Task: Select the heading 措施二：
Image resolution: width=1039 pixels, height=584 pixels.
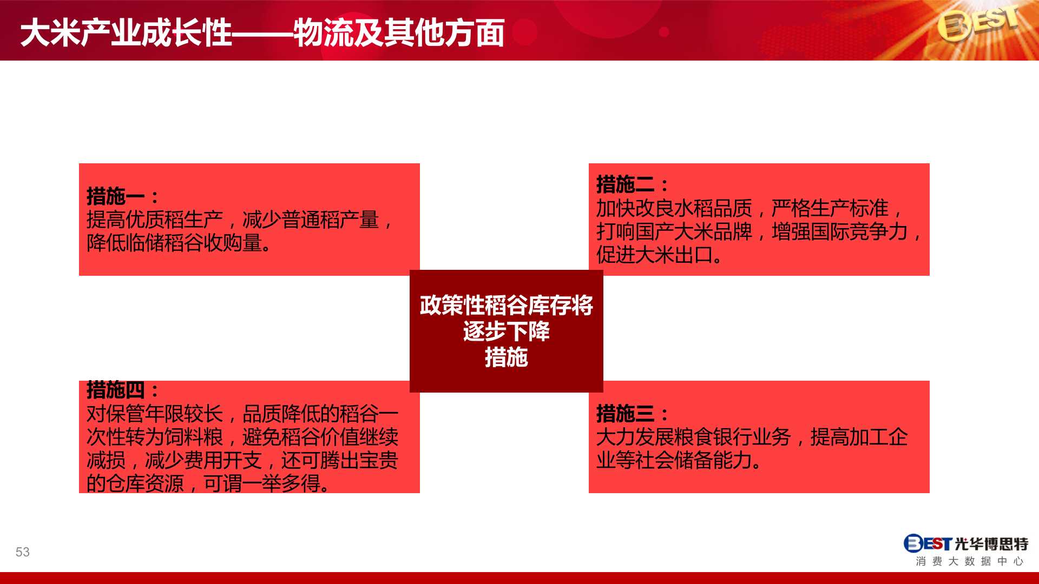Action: point(632,184)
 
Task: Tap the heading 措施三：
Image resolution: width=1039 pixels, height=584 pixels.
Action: point(632,414)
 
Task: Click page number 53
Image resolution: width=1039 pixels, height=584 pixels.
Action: point(23,552)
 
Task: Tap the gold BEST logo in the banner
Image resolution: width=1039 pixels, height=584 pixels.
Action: point(978,23)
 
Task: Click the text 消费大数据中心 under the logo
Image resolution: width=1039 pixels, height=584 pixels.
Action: point(970,561)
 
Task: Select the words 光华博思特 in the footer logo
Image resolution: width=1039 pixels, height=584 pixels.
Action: point(991,543)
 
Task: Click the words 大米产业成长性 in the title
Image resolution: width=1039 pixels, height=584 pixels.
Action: point(126,32)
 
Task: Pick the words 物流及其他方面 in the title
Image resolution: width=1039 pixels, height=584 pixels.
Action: point(399,32)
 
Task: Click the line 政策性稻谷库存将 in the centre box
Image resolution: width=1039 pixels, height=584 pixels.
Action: point(507,306)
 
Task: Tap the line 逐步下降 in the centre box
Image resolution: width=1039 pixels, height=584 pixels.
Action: point(507,331)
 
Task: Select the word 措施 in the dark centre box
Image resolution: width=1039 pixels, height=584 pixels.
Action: point(507,357)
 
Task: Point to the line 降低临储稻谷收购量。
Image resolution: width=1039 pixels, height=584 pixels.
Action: point(179,243)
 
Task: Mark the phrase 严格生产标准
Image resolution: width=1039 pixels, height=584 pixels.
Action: point(830,208)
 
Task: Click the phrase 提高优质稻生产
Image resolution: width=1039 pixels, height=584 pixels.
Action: point(155,220)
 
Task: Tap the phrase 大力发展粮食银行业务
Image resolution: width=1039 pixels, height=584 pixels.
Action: point(694,437)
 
